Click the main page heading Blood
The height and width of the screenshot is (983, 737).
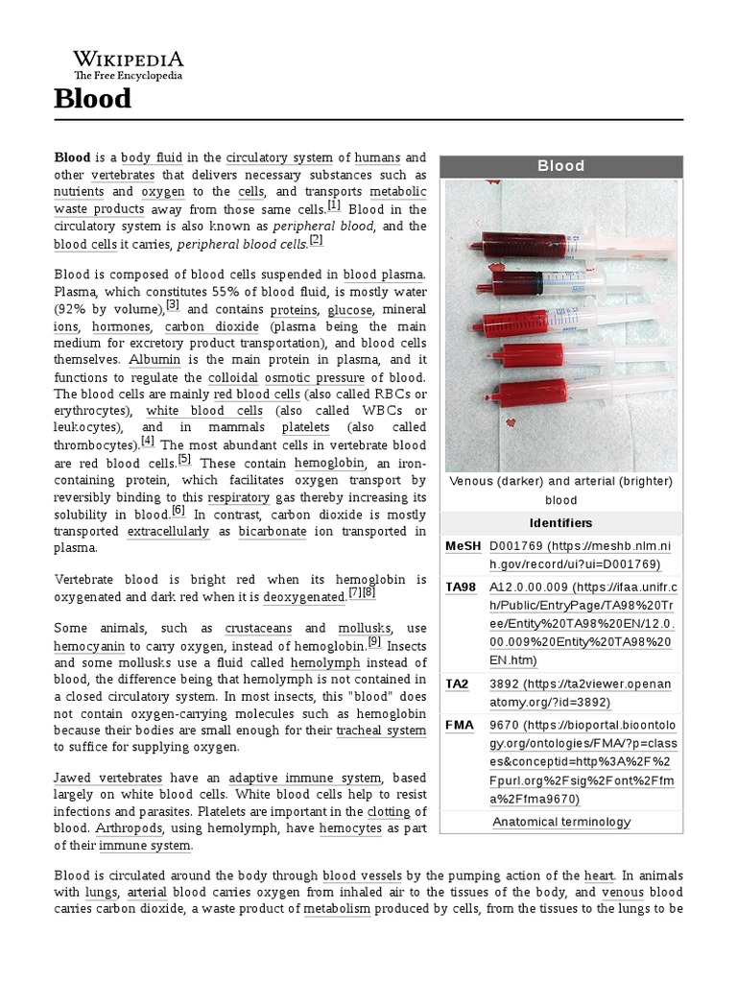click(93, 98)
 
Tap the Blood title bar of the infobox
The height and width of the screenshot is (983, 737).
click(560, 166)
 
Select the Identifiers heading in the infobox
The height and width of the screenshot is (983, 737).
click(560, 523)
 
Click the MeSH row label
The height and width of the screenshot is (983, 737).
click(462, 546)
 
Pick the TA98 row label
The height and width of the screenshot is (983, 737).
click(462, 587)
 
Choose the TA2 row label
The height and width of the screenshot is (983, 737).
click(458, 683)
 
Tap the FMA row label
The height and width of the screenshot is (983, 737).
click(460, 725)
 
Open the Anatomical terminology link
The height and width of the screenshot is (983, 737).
click(561, 822)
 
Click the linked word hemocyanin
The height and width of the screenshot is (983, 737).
click(89, 646)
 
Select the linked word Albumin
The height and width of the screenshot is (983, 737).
click(155, 359)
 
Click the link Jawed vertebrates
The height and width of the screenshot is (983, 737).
click(107, 778)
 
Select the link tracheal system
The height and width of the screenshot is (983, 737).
click(381, 731)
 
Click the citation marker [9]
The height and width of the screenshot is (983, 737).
click(374, 641)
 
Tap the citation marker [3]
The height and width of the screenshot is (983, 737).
click(173, 305)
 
